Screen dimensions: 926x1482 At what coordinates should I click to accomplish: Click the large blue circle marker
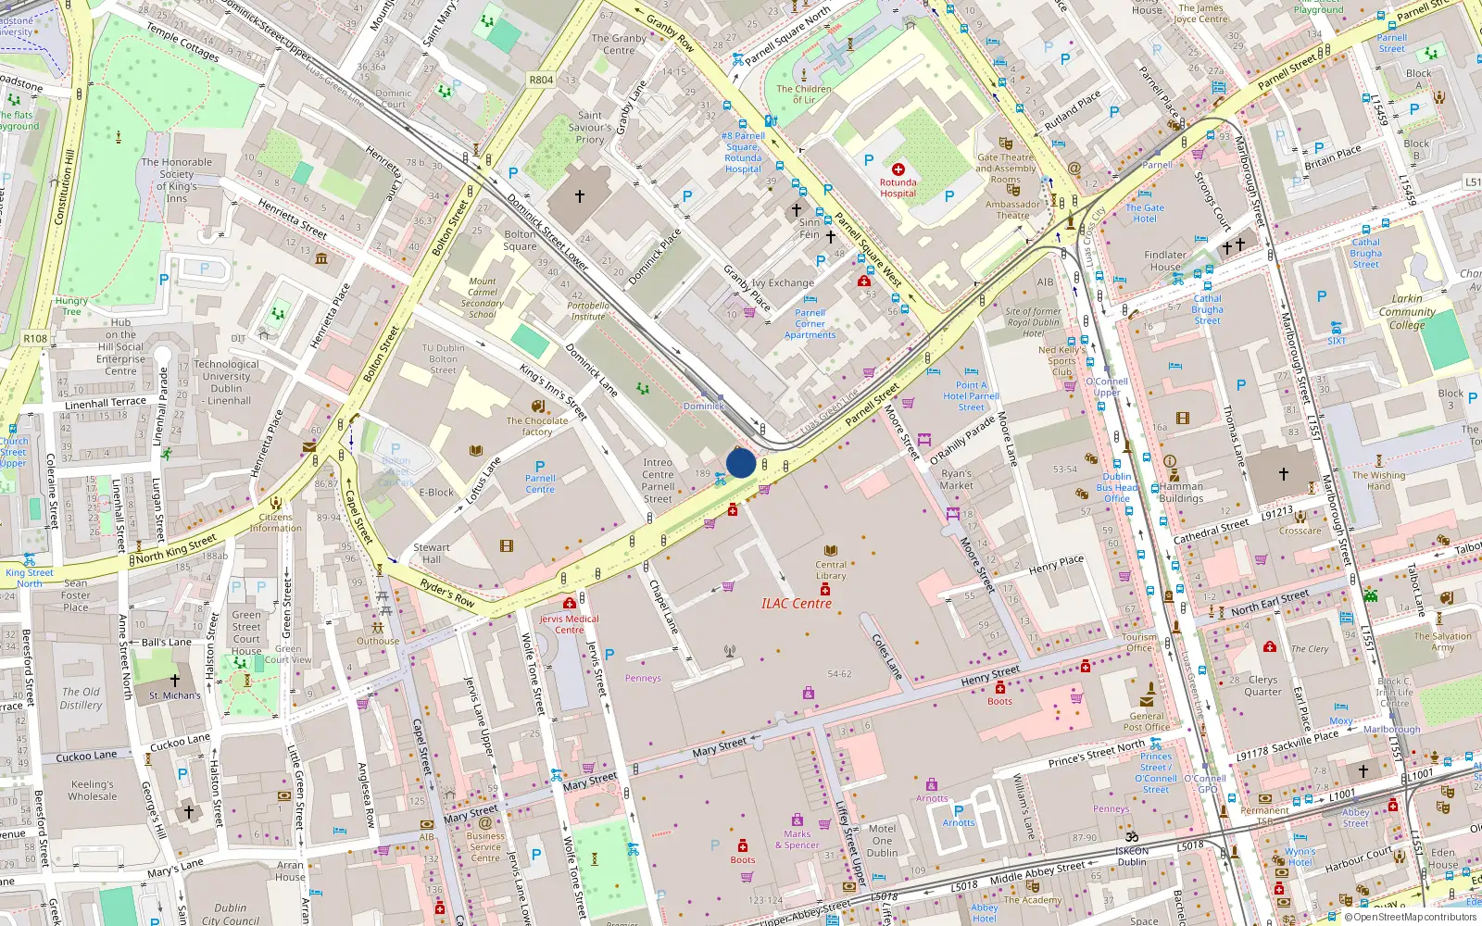[741, 463]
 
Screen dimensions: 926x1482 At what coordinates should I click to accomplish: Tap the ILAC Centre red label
[796, 604]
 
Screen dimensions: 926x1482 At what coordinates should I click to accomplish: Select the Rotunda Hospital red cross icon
[898, 169]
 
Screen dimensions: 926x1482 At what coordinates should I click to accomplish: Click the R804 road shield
[541, 80]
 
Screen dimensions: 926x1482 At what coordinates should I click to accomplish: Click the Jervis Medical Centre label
[569, 624]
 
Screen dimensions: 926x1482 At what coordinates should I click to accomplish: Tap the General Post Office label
[1147, 721]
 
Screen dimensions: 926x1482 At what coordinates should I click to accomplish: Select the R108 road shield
[35, 338]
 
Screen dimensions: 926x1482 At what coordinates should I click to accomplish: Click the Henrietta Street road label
[292, 219]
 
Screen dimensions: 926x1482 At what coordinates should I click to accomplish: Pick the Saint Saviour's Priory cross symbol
[580, 196]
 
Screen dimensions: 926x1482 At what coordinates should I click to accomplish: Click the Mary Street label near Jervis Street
[589, 781]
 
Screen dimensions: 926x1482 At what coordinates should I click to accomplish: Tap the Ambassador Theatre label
[1012, 210]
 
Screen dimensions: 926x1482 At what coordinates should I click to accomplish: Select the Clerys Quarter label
[1262, 685]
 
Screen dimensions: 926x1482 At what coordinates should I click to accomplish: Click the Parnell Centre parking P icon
[540, 467]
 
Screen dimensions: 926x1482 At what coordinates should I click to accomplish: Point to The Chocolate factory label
[537, 426]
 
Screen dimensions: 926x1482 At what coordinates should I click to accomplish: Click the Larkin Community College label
[1406, 312]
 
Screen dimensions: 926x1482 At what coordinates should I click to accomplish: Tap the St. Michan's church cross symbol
[174, 681]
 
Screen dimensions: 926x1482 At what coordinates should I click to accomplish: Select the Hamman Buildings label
[1181, 492]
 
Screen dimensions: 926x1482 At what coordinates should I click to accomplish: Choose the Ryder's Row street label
[447, 593]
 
